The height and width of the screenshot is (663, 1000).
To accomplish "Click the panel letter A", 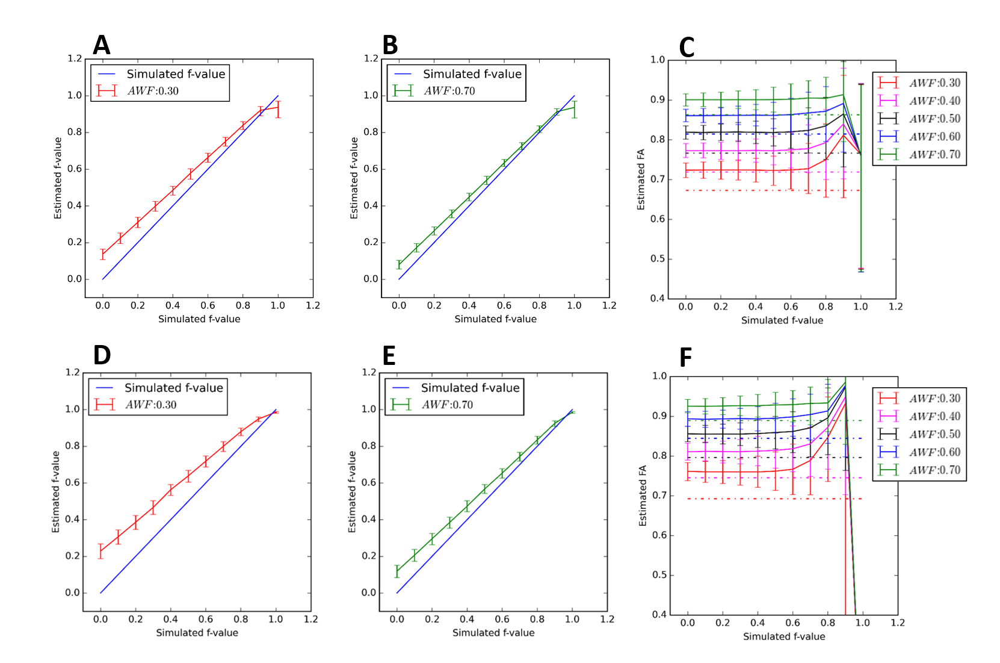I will [102, 45].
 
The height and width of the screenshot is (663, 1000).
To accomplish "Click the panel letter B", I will [390, 45].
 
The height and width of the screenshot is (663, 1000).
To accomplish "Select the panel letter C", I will [687, 48].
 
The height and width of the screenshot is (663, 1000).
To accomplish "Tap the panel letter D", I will [102, 355].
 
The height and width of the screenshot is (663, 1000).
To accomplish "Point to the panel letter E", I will [389, 356].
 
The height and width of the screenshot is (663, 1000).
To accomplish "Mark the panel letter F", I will [685, 358].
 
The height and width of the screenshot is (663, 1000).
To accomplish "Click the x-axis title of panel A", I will [199, 319].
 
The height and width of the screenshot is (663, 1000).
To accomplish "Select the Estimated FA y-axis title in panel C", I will [641, 179].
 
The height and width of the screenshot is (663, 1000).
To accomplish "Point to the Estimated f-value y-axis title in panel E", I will [352, 492].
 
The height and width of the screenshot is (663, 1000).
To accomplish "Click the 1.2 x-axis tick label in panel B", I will [610, 305].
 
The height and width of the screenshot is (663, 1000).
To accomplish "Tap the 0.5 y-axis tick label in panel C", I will [658, 259].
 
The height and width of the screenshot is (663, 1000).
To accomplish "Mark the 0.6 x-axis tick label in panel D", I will [206, 619].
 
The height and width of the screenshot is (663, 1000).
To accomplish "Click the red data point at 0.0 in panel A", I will [103, 254].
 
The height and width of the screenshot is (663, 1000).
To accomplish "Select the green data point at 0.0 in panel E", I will [397, 571].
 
